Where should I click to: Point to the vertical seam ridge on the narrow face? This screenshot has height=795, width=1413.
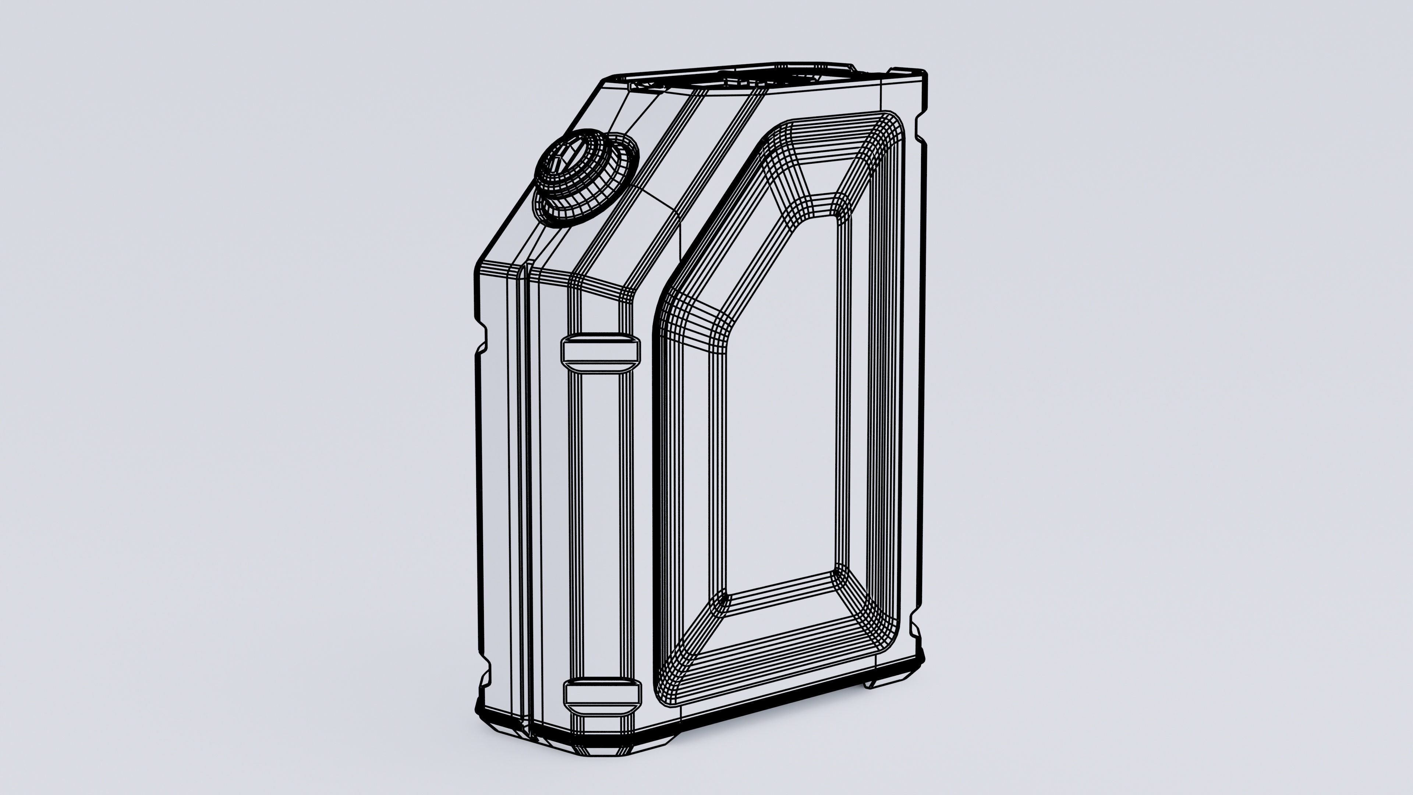527,494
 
